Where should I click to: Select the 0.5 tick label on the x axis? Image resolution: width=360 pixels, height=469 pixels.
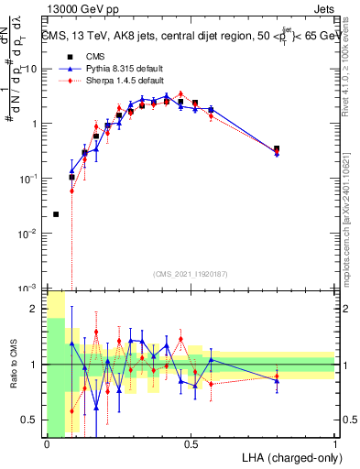191,444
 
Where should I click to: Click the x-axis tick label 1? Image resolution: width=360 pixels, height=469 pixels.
334,444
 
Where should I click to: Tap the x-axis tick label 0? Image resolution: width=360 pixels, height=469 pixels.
47,444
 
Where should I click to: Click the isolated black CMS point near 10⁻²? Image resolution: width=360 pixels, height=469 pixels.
57,214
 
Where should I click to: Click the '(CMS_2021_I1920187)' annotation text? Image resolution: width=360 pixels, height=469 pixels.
191,273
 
